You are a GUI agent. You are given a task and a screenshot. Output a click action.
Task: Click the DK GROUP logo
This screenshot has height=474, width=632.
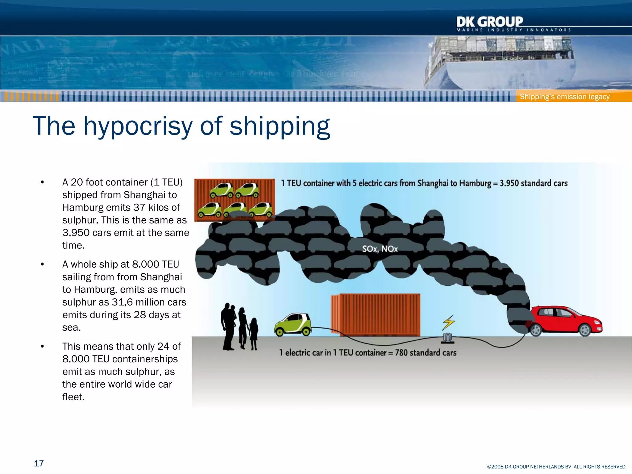pyautogui.click(x=490, y=22)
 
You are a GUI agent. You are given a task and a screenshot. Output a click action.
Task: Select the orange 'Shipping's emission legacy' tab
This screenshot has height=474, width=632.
pyautogui.click(x=564, y=97)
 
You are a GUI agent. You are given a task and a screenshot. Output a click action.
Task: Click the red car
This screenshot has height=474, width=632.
pyautogui.click(x=566, y=321)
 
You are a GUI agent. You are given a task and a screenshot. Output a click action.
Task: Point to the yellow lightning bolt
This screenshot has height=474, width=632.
pyautogui.click(x=448, y=322)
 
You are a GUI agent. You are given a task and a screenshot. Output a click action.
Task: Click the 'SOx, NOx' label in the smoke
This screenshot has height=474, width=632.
pyautogui.click(x=380, y=249)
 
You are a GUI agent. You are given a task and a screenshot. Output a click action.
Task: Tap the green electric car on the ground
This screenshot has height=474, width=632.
pyautogui.click(x=293, y=324)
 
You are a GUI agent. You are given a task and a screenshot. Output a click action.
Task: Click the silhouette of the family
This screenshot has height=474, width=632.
pyautogui.click(x=239, y=327)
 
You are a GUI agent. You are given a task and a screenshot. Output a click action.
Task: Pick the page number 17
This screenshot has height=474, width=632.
pyautogui.click(x=39, y=464)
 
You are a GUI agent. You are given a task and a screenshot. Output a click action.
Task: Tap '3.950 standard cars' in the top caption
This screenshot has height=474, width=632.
pyautogui.click(x=534, y=183)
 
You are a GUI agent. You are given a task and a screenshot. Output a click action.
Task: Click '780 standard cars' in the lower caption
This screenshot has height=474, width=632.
pyautogui.click(x=426, y=352)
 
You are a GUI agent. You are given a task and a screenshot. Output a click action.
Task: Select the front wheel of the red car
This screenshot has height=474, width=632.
pyautogui.click(x=585, y=330)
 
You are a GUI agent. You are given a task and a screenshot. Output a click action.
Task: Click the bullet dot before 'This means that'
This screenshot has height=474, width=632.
pyautogui.click(x=42, y=347)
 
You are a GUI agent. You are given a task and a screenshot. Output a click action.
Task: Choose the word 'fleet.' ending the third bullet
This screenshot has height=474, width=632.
pyautogui.click(x=73, y=397)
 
